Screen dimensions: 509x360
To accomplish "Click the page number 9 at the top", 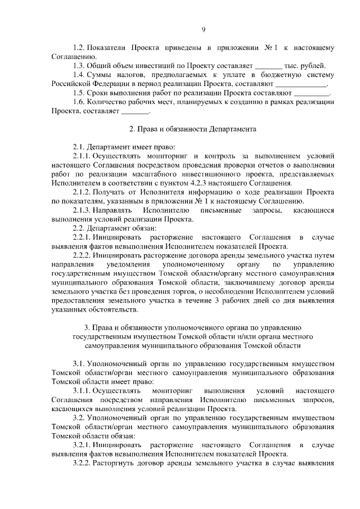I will point(204,30).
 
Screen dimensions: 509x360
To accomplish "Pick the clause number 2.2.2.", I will point(82,255).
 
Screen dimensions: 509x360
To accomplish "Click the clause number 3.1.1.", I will point(82,390).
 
